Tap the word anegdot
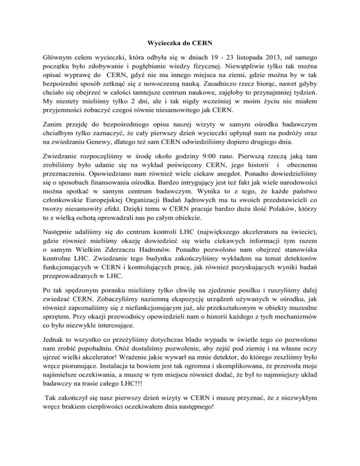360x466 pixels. pyautogui.click(x=190, y=192)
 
